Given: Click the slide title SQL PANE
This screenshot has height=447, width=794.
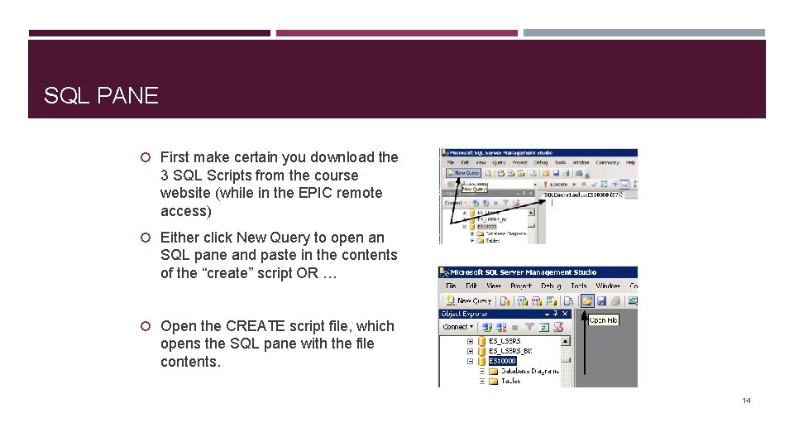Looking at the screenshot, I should (101, 96).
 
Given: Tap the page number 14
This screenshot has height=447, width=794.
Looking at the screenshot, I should (746, 401).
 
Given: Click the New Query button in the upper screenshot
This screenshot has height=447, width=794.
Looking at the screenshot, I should (463, 173).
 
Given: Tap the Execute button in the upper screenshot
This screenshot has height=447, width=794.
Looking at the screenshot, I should (555, 185).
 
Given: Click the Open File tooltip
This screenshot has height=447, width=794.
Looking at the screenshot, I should (603, 320).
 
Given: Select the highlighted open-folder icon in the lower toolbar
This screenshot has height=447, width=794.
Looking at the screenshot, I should (586, 300).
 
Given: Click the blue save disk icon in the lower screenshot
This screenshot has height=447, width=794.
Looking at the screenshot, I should (602, 300).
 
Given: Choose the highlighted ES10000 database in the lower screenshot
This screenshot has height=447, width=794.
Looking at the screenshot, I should (502, 361).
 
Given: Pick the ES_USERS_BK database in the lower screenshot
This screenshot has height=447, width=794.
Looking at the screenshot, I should (510, 351).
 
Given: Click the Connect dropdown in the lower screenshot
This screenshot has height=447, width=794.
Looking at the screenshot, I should (458, 327).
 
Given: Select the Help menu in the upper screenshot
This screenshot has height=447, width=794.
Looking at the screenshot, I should (630, 163).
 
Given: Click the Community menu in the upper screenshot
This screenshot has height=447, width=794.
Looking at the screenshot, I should (607, 163).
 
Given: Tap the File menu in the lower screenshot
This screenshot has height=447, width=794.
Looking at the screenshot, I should (451, 286).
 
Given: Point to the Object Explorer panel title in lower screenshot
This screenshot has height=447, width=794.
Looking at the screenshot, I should (465, 314).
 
